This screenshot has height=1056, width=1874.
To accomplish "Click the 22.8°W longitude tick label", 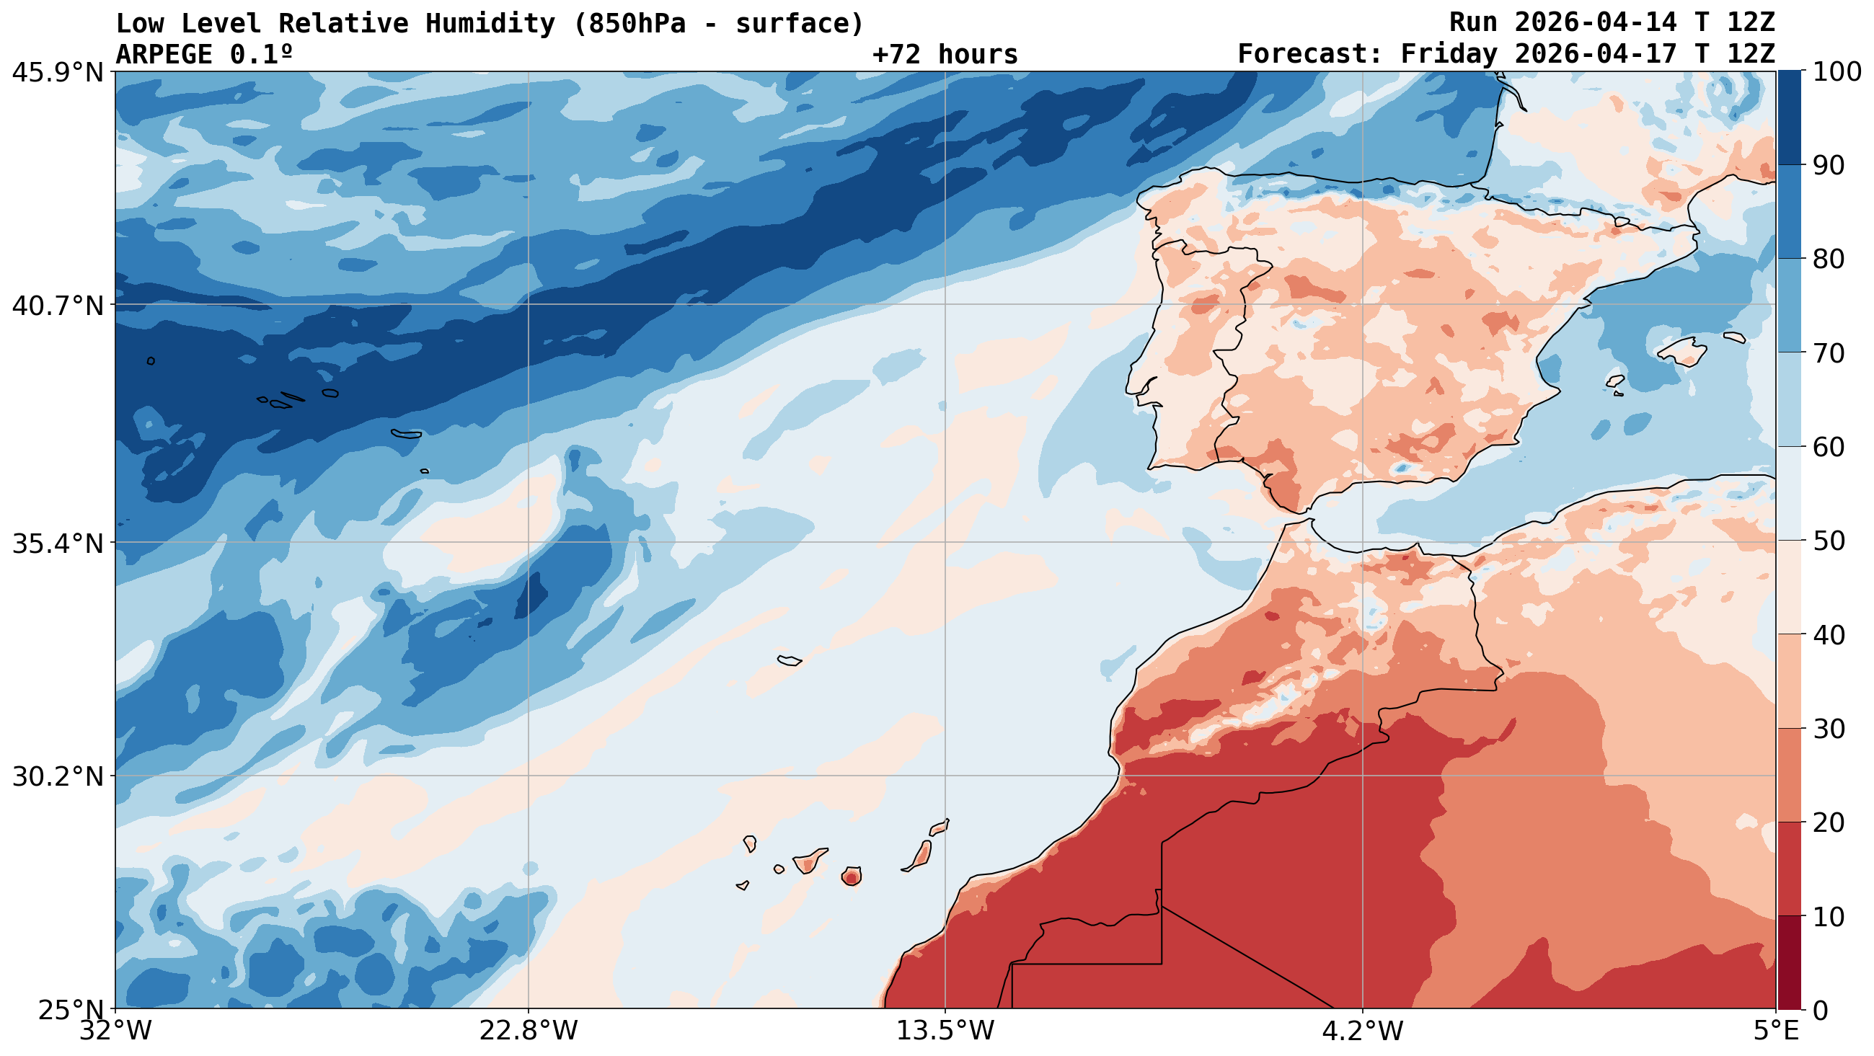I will click(x=528, y=1031).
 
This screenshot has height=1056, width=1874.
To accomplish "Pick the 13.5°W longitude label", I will click(x=945, y=1031).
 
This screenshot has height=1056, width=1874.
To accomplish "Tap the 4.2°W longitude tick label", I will click(x=1362, y=1031).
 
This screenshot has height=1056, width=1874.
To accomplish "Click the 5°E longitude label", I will click(x=1776, y=1031).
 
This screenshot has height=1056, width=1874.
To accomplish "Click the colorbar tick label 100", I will click(x=1837, y=72).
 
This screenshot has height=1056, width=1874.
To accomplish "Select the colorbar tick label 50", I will click(x=1828, y=541).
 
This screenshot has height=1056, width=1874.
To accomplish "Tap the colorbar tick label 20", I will click(x=1828, y=822).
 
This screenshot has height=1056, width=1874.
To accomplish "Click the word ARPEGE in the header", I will click(x=164, y=55).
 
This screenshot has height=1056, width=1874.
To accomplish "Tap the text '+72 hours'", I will click(x=945, y=55).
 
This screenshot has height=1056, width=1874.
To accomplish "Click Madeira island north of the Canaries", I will click(x=789, y=660).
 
